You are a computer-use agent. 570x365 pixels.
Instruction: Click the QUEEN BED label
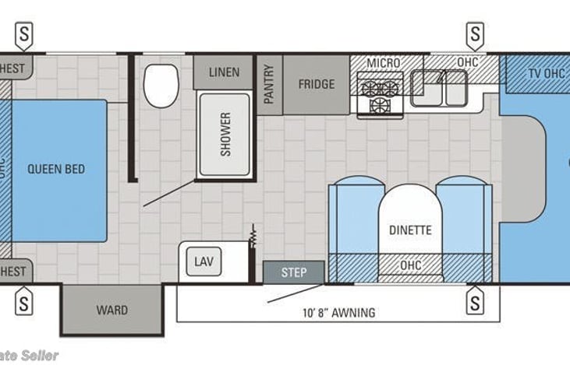pos(55,169)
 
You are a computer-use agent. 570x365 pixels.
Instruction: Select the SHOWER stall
pos(225,134)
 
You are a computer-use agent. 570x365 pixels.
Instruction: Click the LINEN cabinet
pos(225,72)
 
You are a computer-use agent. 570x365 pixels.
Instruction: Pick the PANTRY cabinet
pos(269,84)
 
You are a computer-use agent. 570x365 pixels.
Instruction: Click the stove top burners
pos(380,96)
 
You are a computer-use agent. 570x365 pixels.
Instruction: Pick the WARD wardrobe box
pos(112,310)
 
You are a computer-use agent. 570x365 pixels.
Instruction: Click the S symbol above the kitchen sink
pos(474,33)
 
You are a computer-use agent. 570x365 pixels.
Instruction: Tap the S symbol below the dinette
pos(474,300)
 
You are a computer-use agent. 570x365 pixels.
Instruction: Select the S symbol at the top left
pos(25,33)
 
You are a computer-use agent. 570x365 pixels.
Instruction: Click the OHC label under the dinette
pos(410,265)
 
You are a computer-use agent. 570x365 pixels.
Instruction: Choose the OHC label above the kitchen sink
pos(467,62)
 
